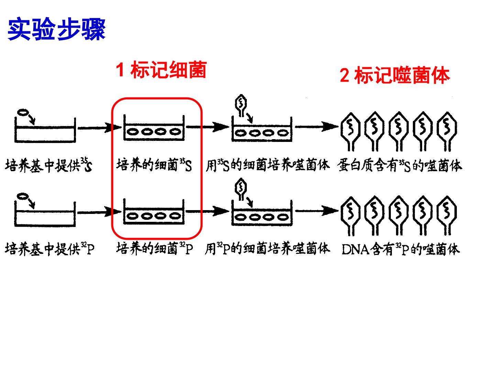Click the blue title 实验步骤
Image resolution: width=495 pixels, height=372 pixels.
pos(56,29)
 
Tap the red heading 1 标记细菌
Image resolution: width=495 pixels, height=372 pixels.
pos(161,69)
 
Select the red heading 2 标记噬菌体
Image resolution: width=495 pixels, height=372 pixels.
pos(395,75)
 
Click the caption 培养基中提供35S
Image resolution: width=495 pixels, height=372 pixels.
pos(48,165)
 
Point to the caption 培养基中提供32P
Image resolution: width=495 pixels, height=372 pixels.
pos(49,249)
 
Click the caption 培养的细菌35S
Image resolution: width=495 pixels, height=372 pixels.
pos(154,165)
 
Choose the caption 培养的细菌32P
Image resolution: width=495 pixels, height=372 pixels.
pos(154,248)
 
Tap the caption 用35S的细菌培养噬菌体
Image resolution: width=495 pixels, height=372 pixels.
pos(268,165)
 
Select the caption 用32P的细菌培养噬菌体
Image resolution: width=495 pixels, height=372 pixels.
pos(268,248)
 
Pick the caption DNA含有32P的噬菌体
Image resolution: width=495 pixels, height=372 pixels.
pos(400,249)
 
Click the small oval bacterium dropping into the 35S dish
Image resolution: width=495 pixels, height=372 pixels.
pos(23,112)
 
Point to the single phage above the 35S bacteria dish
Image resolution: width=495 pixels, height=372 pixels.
pos(241,105)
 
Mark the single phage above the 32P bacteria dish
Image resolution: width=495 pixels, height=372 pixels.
pos(241,189)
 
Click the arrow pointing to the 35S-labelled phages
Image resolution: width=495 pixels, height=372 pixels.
pos(317,126)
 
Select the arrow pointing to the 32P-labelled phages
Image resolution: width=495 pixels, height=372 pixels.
pos(317,211)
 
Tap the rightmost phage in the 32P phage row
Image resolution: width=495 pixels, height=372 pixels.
pos(447,216)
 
